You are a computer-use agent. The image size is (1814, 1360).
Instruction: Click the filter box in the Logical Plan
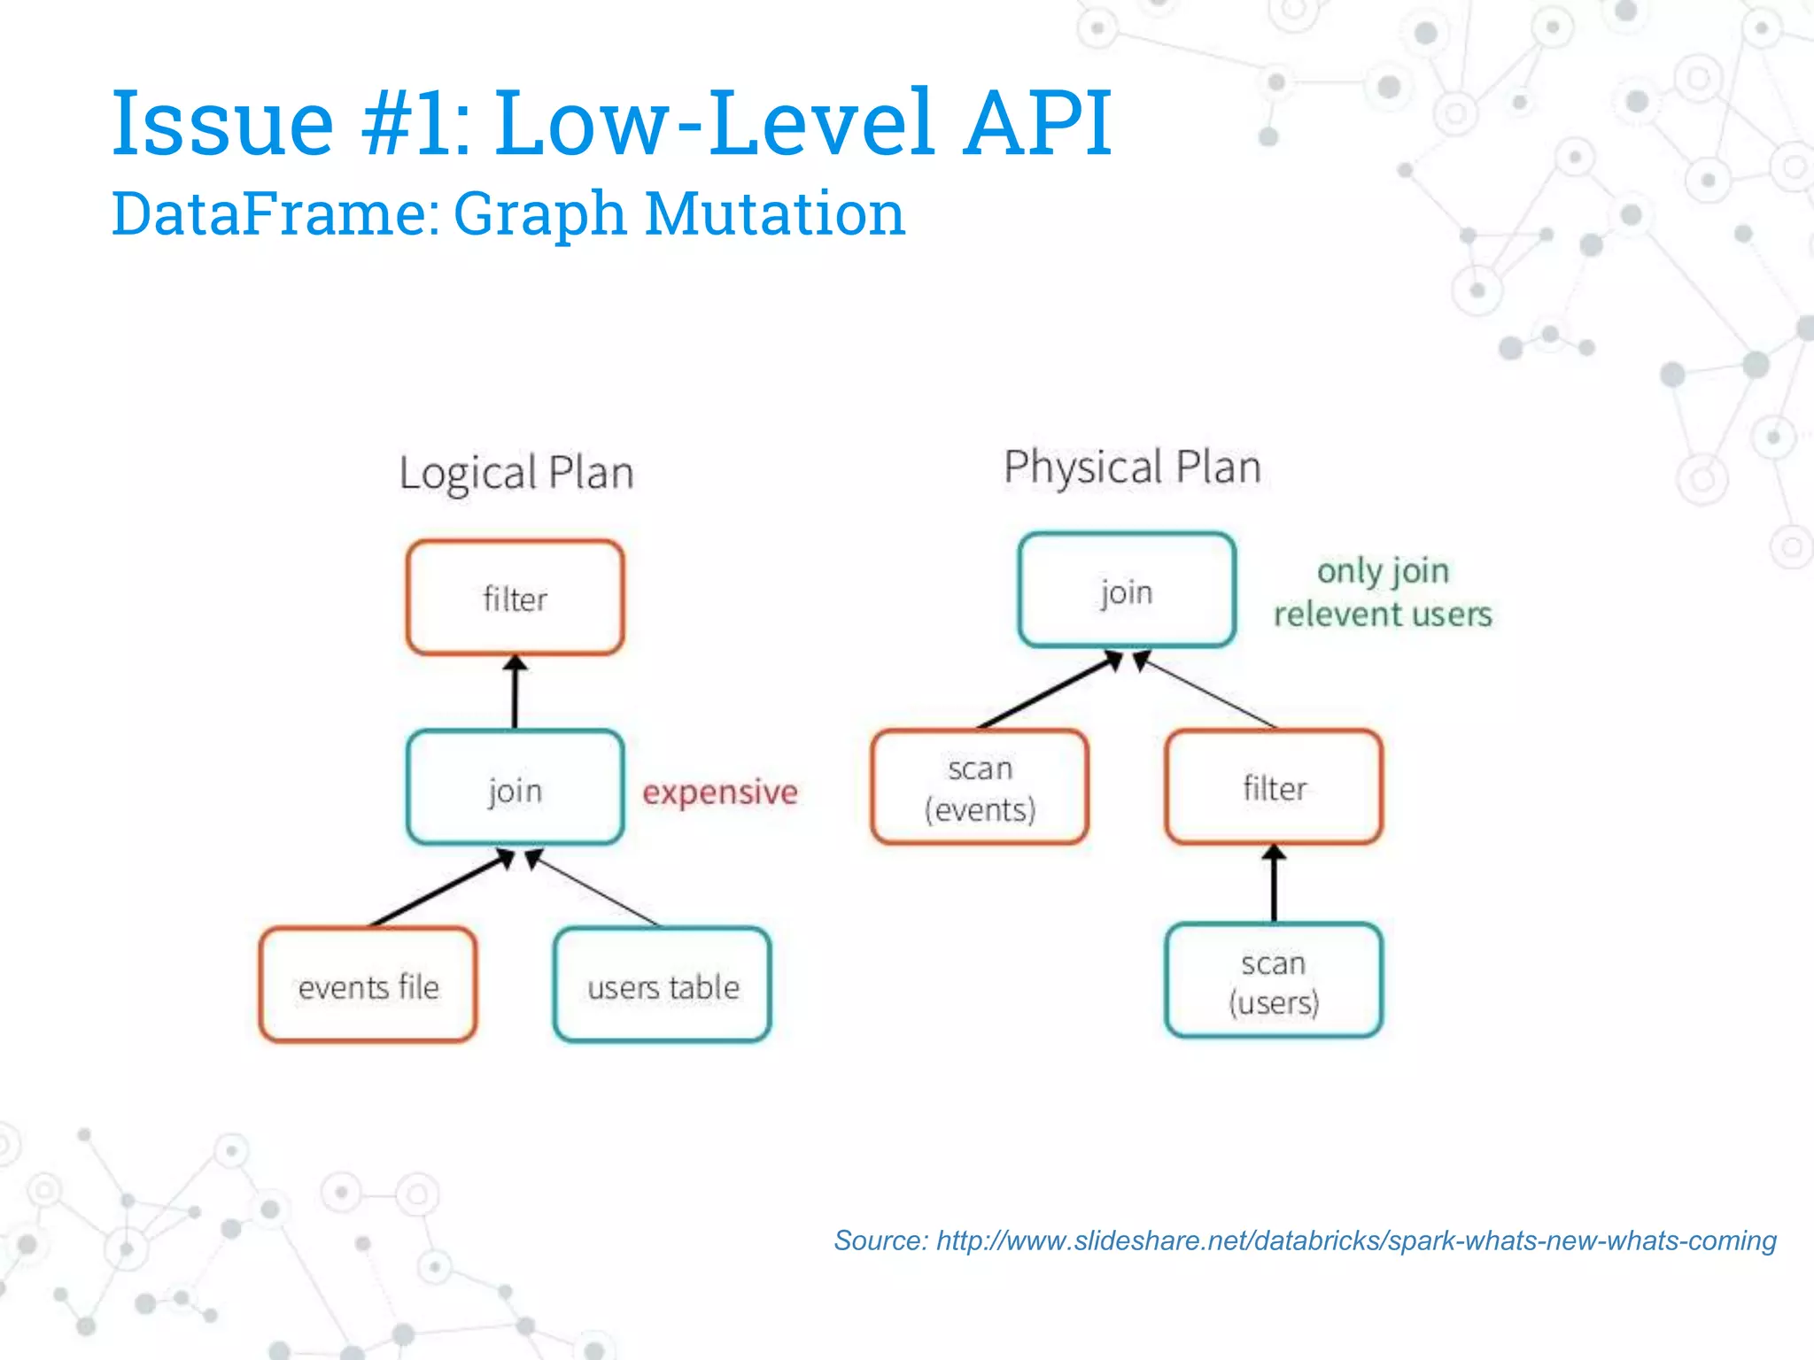(515, 598)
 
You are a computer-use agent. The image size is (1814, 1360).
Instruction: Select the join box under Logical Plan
(515, 788)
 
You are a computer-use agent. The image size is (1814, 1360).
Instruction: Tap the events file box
(368, 985)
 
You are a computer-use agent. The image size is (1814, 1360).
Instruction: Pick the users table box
(662, 985)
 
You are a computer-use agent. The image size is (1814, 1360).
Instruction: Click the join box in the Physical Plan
(1126, 591)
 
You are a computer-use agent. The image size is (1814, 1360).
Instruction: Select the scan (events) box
(979, 787)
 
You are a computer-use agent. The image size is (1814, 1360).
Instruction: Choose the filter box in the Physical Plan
(1274, 787)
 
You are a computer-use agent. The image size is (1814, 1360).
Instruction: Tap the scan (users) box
(1274, 980)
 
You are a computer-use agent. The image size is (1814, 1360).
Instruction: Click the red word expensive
(719, 791)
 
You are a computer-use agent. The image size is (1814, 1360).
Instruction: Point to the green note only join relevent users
(1382, 591)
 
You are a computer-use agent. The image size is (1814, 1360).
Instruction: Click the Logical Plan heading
(516, 473)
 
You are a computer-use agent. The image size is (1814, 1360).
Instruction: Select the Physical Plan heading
(1132, 467)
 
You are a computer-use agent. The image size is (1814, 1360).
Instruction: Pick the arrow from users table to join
(593, 888)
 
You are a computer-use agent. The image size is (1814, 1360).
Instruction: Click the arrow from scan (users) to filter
(1274, 884)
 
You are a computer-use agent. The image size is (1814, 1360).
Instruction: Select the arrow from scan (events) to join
(1050, 692)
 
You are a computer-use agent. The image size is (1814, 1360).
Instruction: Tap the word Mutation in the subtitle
(774, 213)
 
